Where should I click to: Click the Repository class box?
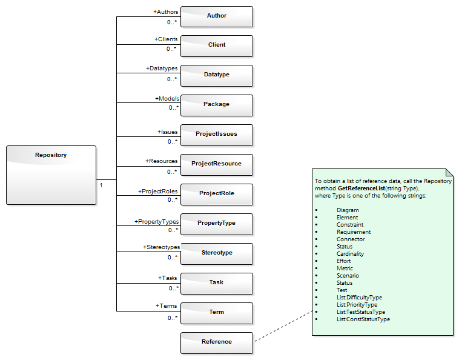[51, 175]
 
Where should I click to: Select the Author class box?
[216, 16]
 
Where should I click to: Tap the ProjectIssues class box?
[216, 135]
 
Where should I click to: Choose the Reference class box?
[216, 342]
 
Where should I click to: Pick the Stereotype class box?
[216, 253]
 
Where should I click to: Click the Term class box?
[216, 313]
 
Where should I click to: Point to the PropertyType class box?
[216, 224]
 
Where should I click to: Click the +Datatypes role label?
[162, 68]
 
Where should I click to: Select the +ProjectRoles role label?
[157, 192]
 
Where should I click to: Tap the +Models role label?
[166, 98]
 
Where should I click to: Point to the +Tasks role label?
[168, 278]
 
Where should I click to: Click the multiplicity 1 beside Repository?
[101, 185]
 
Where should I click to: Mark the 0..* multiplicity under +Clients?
[173, 49]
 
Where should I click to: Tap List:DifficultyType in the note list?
[359, 298]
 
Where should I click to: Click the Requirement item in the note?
[354, 232]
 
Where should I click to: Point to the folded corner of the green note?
[449, 172]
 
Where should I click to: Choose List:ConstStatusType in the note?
[363, 319]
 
